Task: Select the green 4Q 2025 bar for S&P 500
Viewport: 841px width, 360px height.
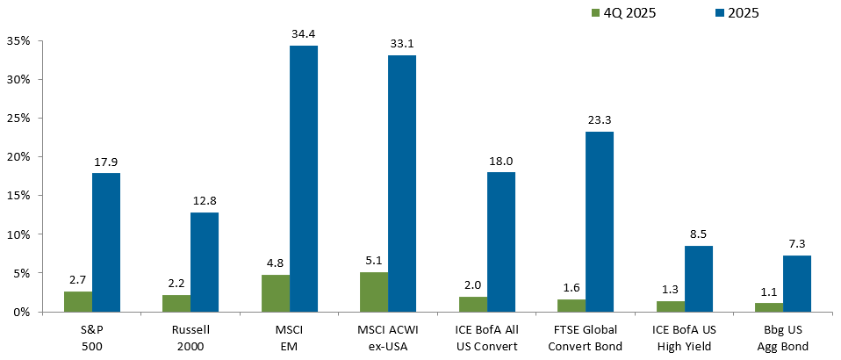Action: pyautogui.click(x=78, y=301)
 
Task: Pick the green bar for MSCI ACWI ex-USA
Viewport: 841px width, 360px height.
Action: pyautogui.click(x=373, y=292)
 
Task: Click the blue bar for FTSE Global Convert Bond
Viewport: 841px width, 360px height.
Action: pyautogui.click(x=600, y=221)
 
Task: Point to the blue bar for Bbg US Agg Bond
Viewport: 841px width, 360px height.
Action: pyautogui.click(x=796, y=283)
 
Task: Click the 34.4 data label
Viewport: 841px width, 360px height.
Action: pyautogui.click(x=303, y=33)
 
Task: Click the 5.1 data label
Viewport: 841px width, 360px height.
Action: pyautogui.click(x=373, y=260)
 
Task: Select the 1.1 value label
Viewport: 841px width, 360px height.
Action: pyautogui.click(x=768, y=292)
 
